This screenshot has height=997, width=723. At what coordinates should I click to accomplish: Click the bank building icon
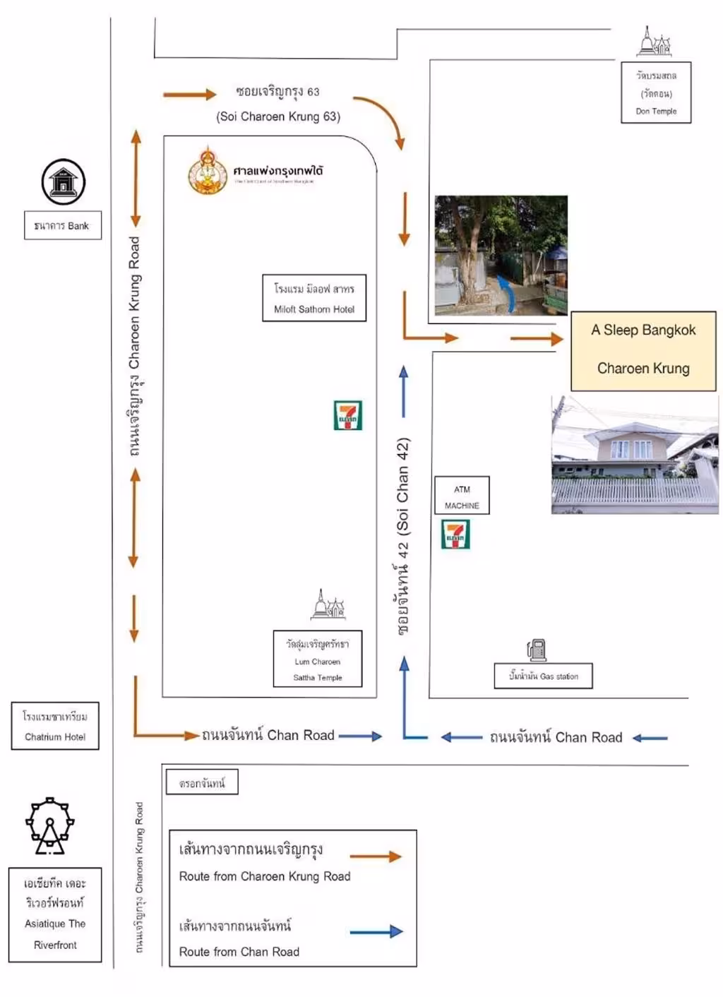63,182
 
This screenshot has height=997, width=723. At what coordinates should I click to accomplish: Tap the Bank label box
62,226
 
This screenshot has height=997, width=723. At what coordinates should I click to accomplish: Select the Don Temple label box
656,92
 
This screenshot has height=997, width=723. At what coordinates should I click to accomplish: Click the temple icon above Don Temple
654,42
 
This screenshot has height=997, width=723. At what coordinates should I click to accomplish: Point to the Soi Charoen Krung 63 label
278,104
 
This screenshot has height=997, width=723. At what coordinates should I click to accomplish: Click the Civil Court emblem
207,171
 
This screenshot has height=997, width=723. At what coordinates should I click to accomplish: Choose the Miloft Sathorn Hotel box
314,298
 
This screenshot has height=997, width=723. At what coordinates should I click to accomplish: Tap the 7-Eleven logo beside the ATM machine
455,535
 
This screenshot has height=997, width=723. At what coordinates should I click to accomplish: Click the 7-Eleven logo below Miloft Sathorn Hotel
347,415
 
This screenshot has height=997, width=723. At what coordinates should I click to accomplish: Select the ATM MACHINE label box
462,496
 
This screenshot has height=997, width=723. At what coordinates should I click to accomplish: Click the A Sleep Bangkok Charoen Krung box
643,350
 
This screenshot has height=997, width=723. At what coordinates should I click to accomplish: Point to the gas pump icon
537,650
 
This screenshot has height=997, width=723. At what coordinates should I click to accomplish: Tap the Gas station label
543,676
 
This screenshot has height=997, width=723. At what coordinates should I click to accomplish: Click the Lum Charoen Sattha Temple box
318,659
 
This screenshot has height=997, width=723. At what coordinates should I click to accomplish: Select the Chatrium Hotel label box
55,726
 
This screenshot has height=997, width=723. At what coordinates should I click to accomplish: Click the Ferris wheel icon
49,825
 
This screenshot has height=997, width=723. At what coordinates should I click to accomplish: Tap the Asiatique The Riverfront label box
55,914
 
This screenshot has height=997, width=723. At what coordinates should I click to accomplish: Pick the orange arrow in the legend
376,856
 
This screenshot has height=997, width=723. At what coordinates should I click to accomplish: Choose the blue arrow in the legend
376,932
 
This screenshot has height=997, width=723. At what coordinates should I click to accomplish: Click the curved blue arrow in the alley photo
506,292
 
